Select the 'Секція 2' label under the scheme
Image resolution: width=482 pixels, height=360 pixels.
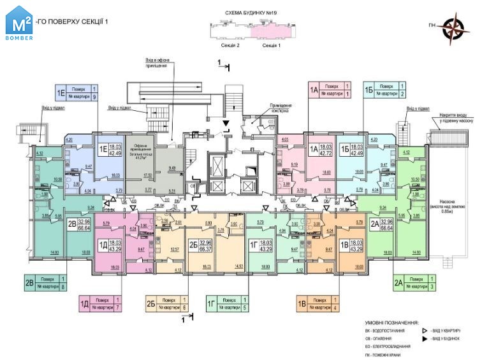tap(229, 46)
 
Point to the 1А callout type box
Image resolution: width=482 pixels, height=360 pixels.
tap(314, 90)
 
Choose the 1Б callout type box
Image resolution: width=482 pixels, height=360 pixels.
tap(369, 90)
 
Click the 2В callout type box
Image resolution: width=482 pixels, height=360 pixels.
tap(29, 283)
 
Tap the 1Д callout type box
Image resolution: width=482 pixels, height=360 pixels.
tap(84, 303)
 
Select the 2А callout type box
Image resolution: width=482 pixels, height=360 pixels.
tap(398, 283)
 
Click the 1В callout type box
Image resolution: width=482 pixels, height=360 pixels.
tap(302, 303)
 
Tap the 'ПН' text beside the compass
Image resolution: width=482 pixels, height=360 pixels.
tap(433, 25)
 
